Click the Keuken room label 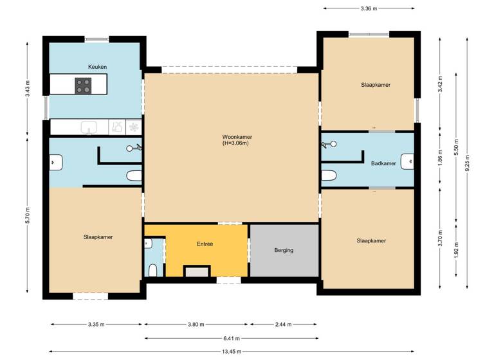[97, 67]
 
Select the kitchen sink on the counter [89, 127]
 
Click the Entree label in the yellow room [205, 244]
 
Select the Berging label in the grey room [284, 250]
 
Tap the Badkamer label [383, 163]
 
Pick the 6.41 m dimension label [232, 338]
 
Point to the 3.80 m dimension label [196, 325]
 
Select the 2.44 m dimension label [284, 325]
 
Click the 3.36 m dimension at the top [369, 8]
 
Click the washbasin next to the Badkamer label [407, 162]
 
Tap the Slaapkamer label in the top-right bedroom [376, 84]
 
